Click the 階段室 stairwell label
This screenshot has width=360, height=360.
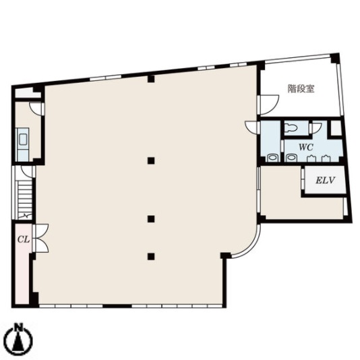point(301,88)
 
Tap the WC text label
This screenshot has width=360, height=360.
point(305,147)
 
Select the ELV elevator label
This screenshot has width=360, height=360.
point(326,180)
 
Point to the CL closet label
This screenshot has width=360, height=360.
point(24,240)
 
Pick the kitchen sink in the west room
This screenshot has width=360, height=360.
point(23,140)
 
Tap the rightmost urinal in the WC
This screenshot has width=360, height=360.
point(326,158)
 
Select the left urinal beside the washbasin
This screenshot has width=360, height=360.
point(311,158)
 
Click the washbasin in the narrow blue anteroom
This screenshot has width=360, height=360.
point(272,158)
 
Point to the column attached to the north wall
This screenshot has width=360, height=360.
point(151,79)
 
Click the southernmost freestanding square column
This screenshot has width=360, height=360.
point(151,256)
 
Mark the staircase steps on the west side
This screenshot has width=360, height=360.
point(24,200)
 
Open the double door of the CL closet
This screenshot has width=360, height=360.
point(40,239)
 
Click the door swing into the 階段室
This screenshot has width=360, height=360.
point(268,104)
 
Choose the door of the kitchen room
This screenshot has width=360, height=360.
point(36,109)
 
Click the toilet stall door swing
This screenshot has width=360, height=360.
point(316,128)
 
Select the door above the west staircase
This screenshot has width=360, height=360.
point(28,172)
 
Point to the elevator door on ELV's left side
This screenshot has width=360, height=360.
point(303,179)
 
